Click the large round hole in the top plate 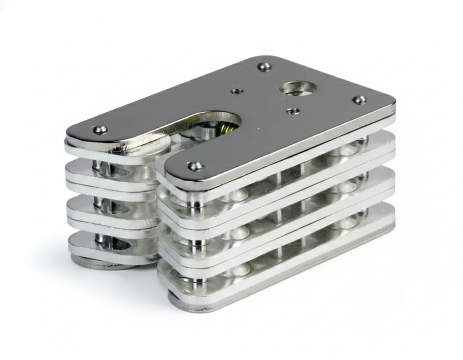[298, 88]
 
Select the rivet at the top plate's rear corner [264, 66]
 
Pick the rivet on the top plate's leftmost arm [100, 129]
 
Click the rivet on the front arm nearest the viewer [195, 165]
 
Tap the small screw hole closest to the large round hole [293, 110]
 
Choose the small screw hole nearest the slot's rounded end [237, 91]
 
